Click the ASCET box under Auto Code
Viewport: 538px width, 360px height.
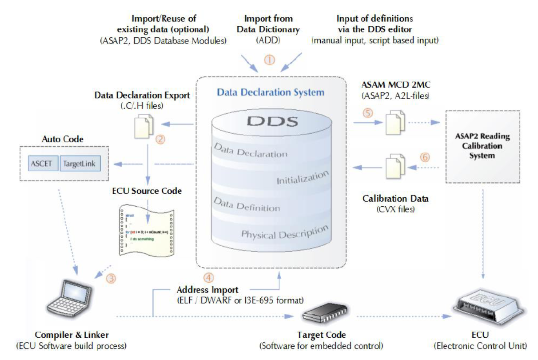(42, 164)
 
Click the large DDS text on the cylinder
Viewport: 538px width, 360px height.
(271, 120)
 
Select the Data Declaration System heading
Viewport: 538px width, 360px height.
(270, 92)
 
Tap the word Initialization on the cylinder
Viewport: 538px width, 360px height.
(303, 178)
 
